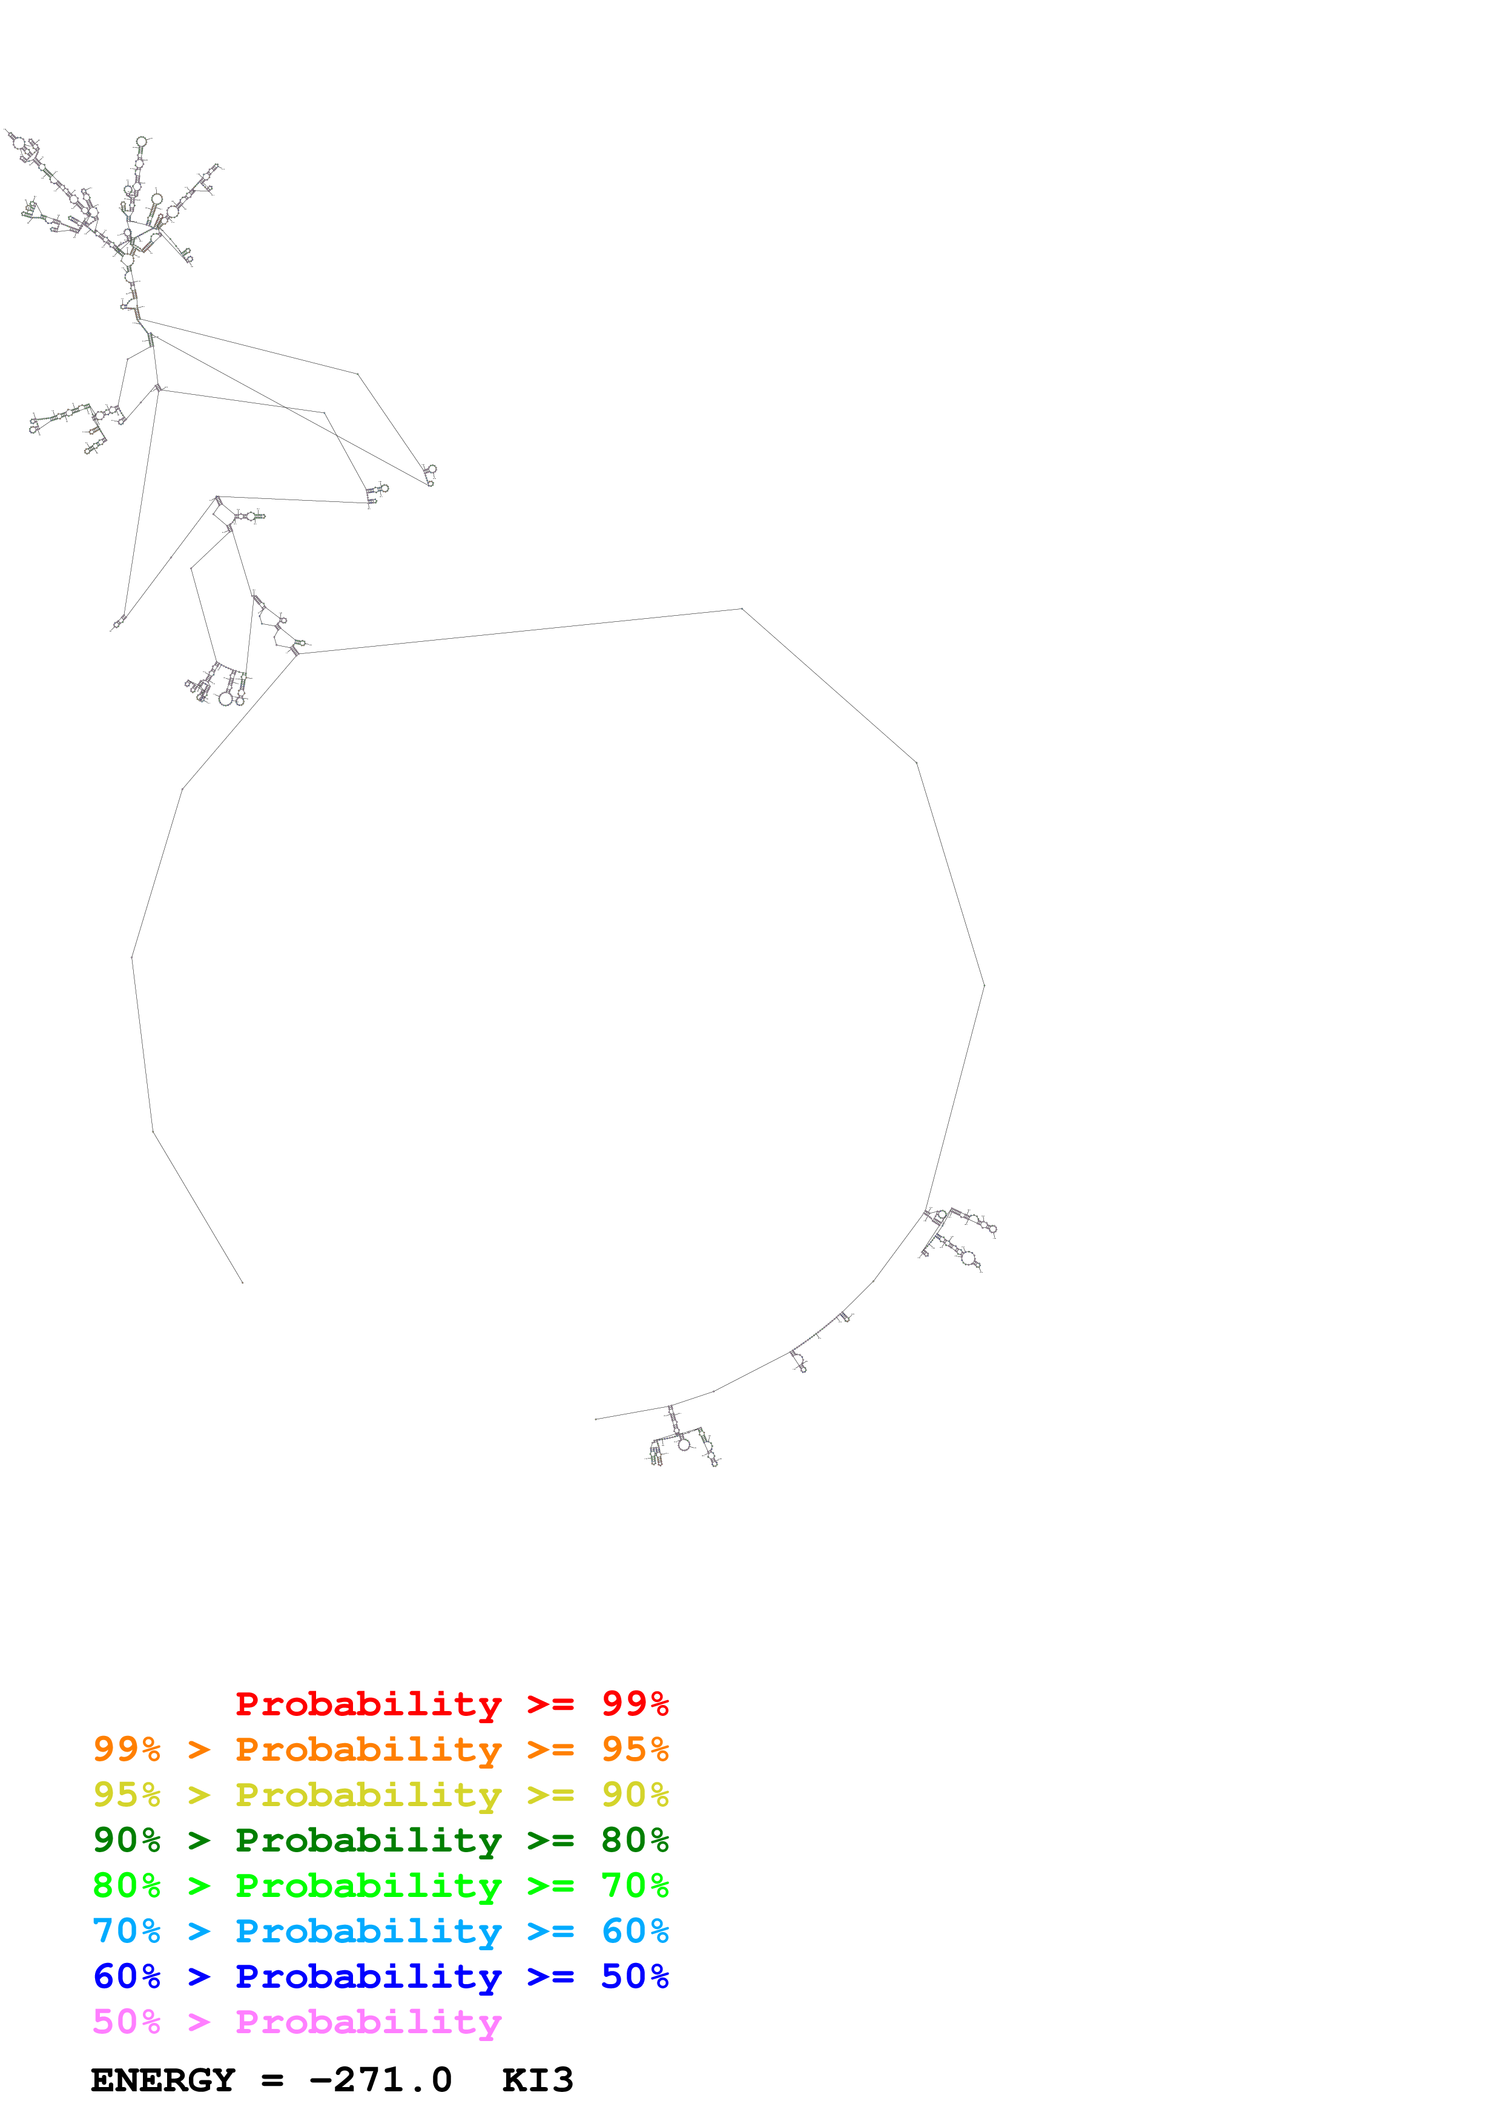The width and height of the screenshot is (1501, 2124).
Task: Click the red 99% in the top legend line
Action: click(635, 1703)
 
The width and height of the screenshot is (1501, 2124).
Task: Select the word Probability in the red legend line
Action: click(368, 1703)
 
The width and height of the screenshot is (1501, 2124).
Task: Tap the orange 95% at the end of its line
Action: click(635, 1749)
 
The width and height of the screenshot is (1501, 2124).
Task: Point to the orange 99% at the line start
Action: click(127, 1749)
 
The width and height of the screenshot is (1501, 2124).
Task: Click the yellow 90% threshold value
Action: click(635, 1794)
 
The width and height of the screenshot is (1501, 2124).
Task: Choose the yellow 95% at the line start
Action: click(127, 1794)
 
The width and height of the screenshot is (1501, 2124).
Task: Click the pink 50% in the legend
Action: click(127, 2020)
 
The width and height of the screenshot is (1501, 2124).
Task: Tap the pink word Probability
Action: click(368, 2020)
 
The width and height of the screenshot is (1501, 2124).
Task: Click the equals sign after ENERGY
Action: click(272, 2080)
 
